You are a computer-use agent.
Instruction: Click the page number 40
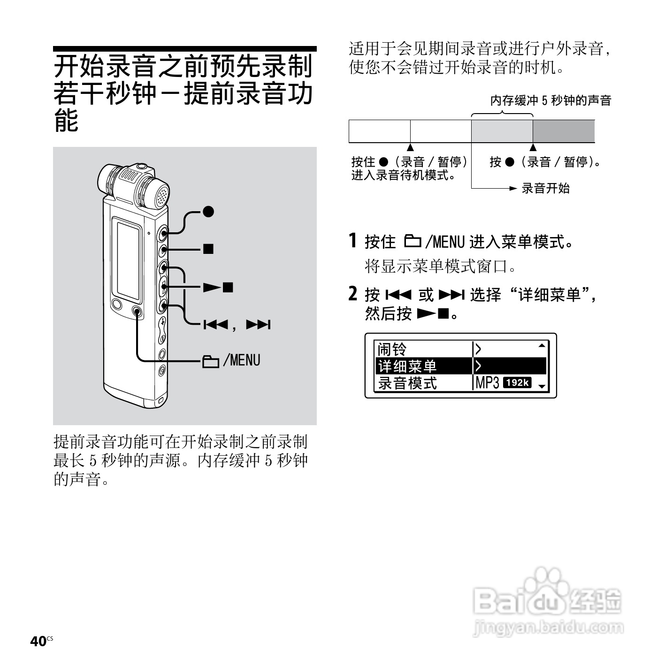38,641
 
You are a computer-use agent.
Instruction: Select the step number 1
353,241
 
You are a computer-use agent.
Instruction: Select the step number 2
353,294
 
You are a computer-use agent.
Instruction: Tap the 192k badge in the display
517,383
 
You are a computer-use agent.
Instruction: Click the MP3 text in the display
487,383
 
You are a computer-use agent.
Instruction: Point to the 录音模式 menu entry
407,383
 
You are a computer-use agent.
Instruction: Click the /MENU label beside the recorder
242,360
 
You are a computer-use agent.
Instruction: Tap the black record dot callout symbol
208,212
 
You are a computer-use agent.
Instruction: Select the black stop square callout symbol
208,249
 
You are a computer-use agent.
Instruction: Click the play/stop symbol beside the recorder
218,287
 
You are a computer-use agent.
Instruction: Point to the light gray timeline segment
502,131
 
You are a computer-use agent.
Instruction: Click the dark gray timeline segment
564,131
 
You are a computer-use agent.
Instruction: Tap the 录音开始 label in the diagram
546,189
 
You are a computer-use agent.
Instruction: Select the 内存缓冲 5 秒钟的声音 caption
550,100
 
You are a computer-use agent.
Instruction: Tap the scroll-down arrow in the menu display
542,386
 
